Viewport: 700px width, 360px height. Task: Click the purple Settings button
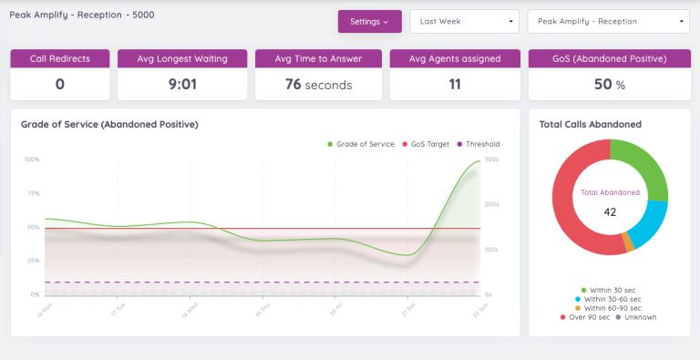(x=369, y=21)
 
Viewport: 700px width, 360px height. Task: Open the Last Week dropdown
(x=464, y=21)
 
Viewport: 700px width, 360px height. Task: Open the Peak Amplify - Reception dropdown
(x=608, y=21)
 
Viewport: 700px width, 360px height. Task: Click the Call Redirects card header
(x=60, y=58)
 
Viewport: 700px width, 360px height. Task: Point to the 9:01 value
(x=182, y=84)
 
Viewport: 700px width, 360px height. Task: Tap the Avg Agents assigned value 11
(x=455, y=84)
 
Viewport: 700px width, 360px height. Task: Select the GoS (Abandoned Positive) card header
(x=610, y=58)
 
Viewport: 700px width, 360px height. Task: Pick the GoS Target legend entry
(x=426, y=144)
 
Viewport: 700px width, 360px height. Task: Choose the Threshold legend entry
(x=478, y=144)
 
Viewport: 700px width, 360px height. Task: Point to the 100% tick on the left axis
(x=32, y=159)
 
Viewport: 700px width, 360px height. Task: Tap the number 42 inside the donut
(x=610, y=211)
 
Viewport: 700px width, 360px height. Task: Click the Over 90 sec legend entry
(x=587, y=317)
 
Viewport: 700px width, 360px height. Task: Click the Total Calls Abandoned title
(x=590, y=124)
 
